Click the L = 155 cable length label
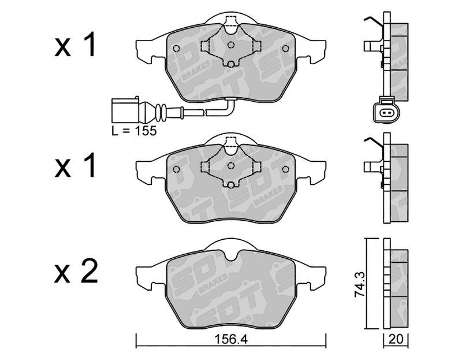(134, 131)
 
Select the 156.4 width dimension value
(231, 339)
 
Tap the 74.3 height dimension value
(360, 284)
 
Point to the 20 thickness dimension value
(396, 339)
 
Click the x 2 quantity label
(76, 271)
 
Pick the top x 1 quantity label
(75, 45)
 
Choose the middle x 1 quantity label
(75, 165)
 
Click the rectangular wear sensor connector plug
(125, 110)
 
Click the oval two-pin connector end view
(386, 112)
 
